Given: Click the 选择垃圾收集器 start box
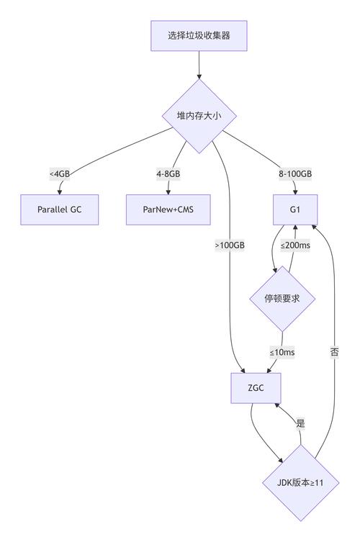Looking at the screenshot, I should click(199, 35).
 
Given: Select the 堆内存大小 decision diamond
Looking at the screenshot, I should click(197, 115).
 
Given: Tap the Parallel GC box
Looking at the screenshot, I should click(58, 209).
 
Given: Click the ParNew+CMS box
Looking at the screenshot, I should click(168, 209).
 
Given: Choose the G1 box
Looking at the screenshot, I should click(296, 209).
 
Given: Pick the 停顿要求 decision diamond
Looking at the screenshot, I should click(282, 299).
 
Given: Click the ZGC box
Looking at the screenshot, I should click(256, 389).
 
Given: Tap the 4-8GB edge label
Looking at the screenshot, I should click(168, 174).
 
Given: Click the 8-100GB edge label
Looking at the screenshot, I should click(296, 174).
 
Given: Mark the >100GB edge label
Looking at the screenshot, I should click(230, 245).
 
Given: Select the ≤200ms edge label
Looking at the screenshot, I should click(295, 245).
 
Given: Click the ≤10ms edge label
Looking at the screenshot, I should click(282, 353).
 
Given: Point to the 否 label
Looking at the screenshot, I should click(334, 353).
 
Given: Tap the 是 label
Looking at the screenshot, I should click(300, 424).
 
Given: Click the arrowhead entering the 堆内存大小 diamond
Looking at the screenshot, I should click(198, 76).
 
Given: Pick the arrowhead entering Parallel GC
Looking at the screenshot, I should click(59, 191).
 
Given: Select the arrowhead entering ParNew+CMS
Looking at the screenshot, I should click(168, 191).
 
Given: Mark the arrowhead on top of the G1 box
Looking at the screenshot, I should click(296, 191).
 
